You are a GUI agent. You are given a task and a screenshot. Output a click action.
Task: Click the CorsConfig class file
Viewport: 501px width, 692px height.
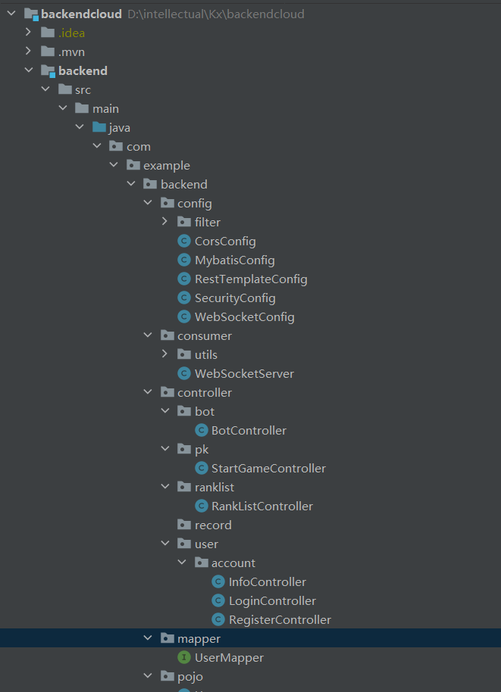tap(224, 242)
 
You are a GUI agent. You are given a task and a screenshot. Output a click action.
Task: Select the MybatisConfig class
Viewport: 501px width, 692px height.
tap(234, 260)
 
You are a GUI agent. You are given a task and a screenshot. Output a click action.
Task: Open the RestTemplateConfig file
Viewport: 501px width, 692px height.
tap(250, 279)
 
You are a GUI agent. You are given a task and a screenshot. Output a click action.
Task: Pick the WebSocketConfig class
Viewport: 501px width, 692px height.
tap(244, 317)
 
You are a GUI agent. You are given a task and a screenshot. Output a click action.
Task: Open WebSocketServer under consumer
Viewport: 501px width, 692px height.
tap(243, 374)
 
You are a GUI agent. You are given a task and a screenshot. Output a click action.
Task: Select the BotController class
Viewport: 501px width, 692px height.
tap(249, 431)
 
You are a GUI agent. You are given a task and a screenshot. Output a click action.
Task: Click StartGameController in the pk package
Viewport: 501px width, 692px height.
tap(268, 469)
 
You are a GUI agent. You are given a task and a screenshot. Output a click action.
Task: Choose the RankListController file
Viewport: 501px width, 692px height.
tap(261, 507)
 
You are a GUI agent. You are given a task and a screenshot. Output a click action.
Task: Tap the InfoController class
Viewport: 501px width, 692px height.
tap(267, 582)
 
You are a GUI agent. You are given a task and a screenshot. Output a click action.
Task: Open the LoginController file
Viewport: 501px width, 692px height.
tap(272, 601)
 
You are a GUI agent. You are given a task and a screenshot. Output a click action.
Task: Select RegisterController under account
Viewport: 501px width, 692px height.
tap(280, 620)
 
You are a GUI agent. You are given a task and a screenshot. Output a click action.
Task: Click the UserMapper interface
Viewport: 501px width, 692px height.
tap(229, 658)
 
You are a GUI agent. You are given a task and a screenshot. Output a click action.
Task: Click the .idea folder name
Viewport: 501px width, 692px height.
tap(71, 33)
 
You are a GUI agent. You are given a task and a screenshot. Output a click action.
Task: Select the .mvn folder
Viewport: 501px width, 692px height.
tap(71, 52)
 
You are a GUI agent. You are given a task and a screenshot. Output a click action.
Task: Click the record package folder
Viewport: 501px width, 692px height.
tap(212, 525)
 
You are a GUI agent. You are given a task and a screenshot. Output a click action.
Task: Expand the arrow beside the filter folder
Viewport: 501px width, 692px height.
tap(165, 223)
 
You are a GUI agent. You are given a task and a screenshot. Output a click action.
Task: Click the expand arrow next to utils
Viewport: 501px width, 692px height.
tap(165, 355)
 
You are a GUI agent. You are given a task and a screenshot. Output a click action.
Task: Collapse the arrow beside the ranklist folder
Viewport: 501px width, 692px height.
tap(165, 488)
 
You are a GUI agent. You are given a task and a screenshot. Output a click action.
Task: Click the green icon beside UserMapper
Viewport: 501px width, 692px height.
tap(183, 658)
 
